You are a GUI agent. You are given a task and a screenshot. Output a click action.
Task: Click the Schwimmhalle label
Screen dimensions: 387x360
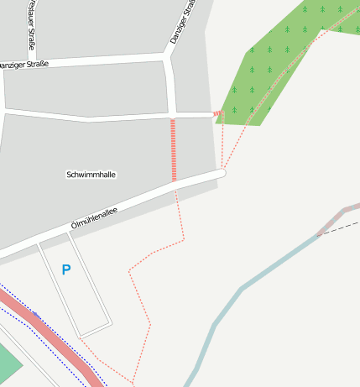(91, 175)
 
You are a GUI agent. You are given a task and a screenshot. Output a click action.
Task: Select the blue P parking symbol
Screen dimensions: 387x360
(66, 269)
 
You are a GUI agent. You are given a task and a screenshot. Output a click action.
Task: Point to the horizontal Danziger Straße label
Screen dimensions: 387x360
(23, 65)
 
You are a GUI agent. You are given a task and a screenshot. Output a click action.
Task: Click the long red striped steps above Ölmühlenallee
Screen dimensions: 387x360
(174, 149)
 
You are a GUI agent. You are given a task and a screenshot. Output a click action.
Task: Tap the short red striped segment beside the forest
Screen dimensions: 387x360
(218, 112)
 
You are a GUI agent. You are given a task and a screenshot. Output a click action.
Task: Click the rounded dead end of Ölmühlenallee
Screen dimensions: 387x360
(222, 174)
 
